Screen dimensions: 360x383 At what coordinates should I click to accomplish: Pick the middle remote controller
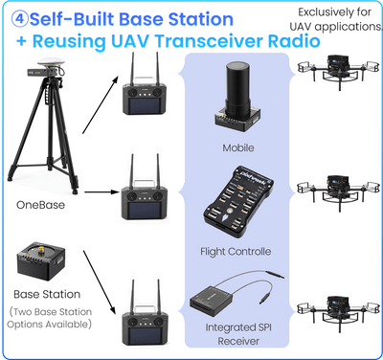tap(141, 198)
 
